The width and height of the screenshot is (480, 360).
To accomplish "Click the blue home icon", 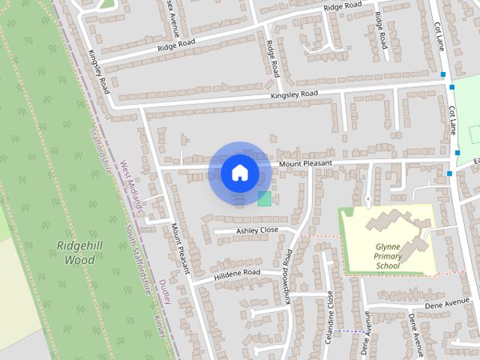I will tap(239, 172).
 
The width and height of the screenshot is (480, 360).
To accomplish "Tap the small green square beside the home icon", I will tap(264, 198).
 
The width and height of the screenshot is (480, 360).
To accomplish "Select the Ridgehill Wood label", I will tap(76, 253).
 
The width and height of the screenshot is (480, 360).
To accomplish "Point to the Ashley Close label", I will tap(257, 230).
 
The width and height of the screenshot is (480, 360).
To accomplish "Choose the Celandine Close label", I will tap(329, 317).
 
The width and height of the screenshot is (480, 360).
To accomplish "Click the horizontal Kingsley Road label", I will tap(295, 94).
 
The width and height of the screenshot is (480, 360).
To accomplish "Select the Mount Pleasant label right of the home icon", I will tap(304, 163).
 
